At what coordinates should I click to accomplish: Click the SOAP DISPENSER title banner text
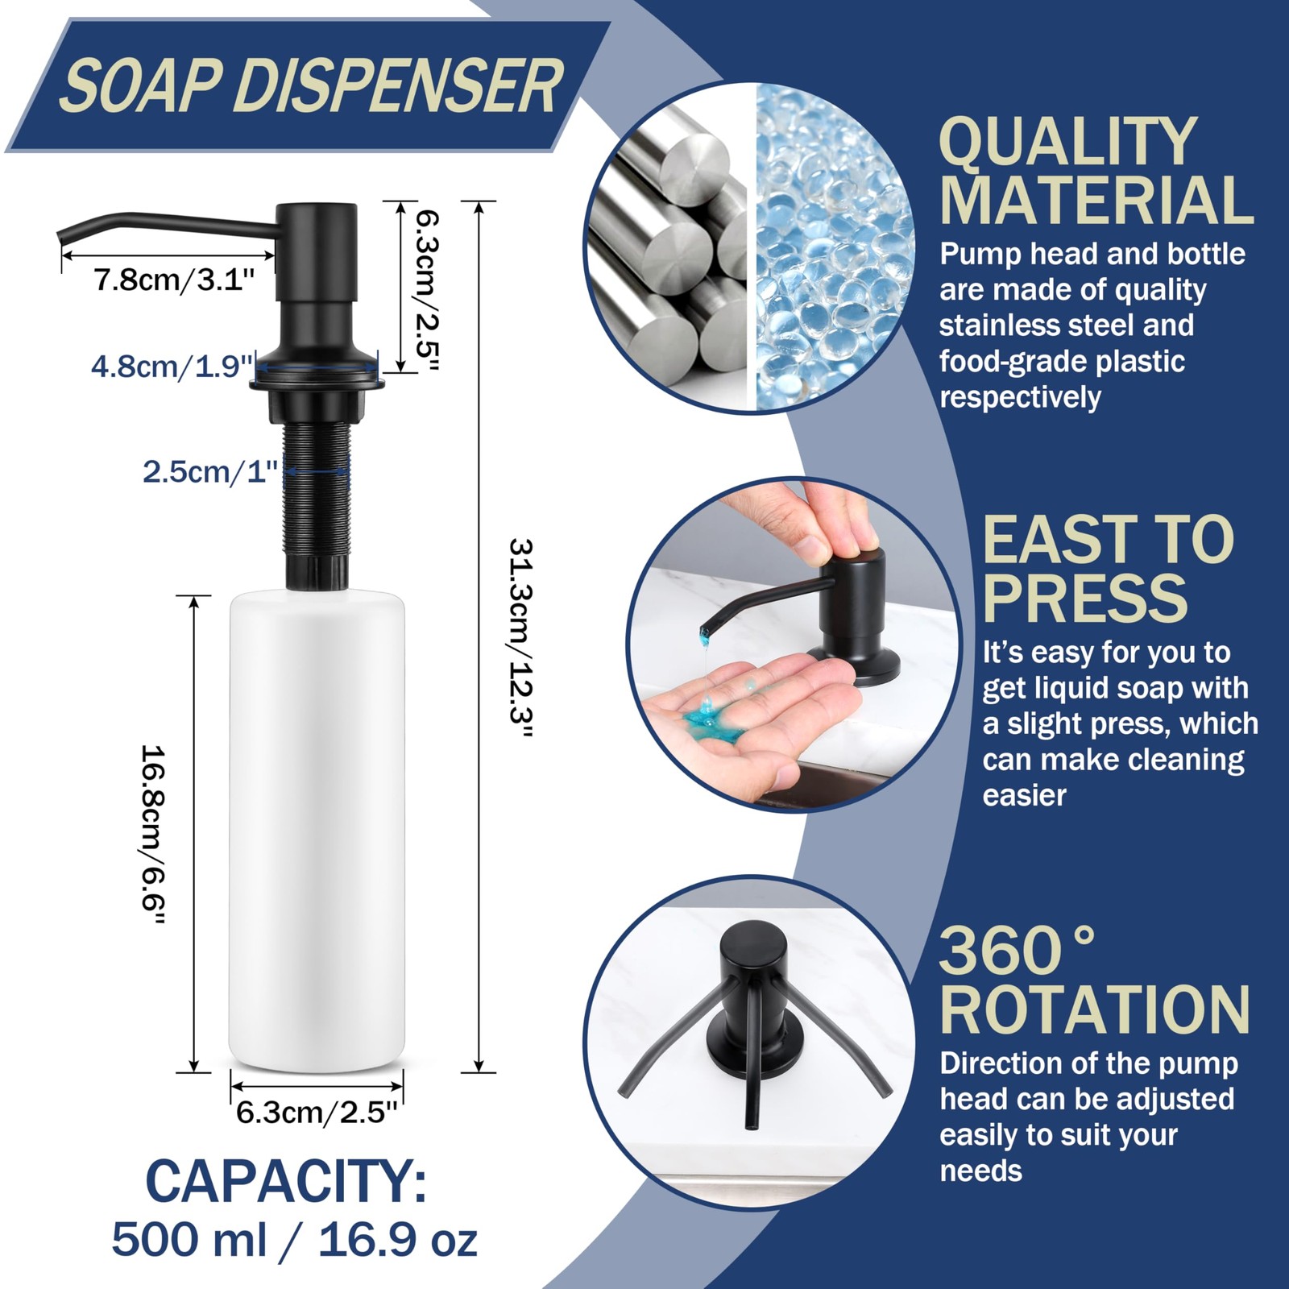coord(311,86)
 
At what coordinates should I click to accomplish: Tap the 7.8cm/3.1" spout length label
coord(173,280)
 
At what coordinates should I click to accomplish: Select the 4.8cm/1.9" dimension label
coord(172,367)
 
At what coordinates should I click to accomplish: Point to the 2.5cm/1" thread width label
coord(210,470)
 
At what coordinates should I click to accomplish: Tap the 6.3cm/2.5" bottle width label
coord(317,1113)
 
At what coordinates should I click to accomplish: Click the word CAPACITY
coord(286,1181)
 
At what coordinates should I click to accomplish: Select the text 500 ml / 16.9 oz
coord(294,1239)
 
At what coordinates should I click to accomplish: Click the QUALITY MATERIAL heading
coord(1096,171)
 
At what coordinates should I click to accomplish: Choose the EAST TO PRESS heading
coord(1108,570)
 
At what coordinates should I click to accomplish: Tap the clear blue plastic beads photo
coord(834,247)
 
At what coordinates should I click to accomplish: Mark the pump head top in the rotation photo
coord(753,939)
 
